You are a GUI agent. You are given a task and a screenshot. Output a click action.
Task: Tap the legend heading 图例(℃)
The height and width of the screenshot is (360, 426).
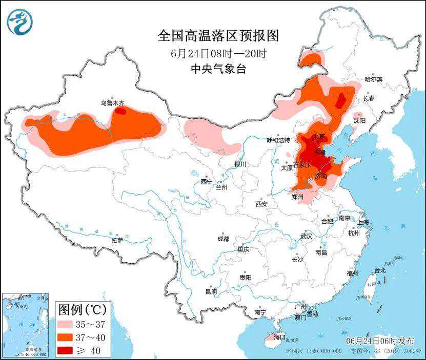(82, 309)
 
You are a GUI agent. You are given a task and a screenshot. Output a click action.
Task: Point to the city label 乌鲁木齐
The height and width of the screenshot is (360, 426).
(112, 103)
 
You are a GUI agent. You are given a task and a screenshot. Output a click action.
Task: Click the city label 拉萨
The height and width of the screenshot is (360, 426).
(117, 240)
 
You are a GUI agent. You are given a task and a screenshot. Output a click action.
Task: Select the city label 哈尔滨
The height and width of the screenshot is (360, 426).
(373, 79)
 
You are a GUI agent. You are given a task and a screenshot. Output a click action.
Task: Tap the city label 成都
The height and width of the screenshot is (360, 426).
(223, 239)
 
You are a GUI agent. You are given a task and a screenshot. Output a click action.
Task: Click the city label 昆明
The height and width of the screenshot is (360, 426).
(211, 291)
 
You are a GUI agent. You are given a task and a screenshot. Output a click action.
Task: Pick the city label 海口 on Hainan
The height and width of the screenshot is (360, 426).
(279, 336)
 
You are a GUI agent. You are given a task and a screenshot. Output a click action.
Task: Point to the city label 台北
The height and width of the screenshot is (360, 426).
(379, 270)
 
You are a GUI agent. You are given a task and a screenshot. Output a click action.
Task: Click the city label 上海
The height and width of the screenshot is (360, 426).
(363, 222)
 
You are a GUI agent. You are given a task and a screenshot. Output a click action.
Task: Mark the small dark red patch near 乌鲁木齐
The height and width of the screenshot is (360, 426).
(120, 110)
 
